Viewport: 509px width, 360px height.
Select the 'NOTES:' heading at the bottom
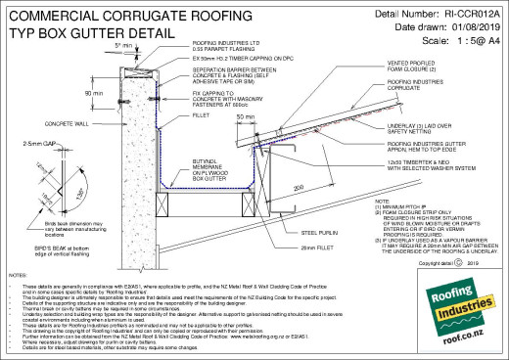click(x=17, y=279)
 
